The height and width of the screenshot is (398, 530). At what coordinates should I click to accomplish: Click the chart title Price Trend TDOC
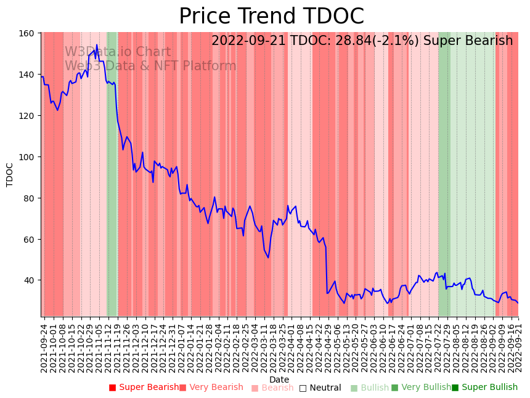tap(271, 17)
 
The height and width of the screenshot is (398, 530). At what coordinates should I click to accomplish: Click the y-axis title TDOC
tap(10, 174)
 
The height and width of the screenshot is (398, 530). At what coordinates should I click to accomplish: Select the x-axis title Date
tap(279, 380)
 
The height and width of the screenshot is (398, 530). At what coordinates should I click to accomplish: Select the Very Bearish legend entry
tap(211, 388)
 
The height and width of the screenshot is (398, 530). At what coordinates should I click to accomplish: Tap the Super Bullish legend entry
tap(484, 388)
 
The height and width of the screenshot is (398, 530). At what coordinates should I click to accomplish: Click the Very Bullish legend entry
tap(422, 388)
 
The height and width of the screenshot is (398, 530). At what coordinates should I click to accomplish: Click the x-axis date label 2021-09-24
tap(44, 348)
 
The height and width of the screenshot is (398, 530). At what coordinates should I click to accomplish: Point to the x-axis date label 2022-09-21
tap(518, 348)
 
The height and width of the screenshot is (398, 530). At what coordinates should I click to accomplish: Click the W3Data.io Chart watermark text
tap(118, 52)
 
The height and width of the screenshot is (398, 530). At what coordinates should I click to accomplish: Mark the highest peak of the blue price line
tap(97, 44)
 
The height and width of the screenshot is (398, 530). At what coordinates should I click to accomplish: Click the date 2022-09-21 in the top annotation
tap(249, 41)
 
